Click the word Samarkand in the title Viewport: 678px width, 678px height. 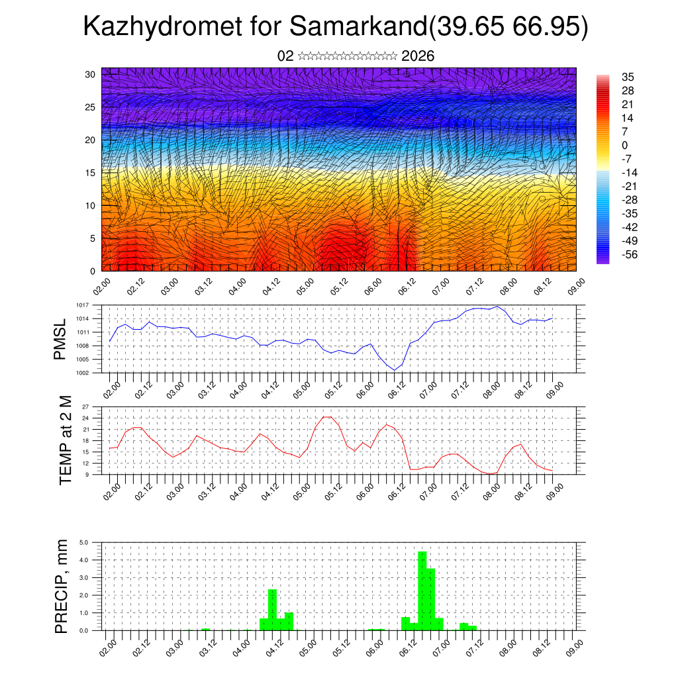tap(358, 27)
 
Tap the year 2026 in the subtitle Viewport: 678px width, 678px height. tap(418, 56)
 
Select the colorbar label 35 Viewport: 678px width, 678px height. tap(628, 77)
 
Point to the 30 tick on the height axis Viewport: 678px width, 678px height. tap(90, 74)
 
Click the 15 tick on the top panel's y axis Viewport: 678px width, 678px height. tap(90, 173)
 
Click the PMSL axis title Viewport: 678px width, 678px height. tap(61, 339)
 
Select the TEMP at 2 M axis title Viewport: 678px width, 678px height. tap(66, 440)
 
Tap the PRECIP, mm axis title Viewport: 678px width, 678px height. tap(62, 585)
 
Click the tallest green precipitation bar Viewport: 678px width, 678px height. tap(422, 591)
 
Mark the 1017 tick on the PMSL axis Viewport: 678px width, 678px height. tap(81, 305)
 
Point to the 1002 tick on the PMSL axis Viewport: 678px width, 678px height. tap(81, 373)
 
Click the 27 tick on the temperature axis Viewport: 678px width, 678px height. tap(85, 407)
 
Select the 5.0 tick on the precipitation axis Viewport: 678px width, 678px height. tap(84, 542)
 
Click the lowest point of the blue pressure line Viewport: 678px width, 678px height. tap(394, 370)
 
